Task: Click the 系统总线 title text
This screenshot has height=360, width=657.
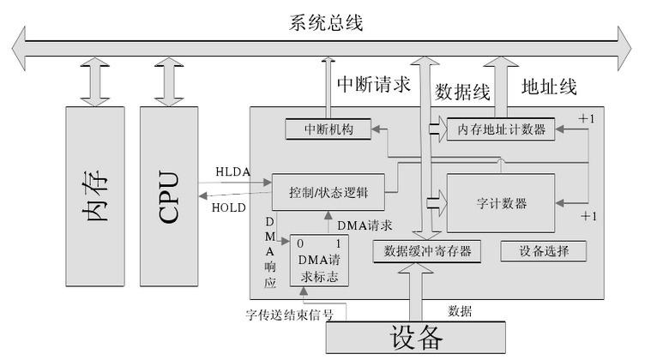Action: coord(326,22)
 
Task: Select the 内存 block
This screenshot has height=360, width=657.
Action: coord(95,196)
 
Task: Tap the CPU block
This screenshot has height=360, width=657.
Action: coord(169,196)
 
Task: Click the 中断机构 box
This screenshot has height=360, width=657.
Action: coord(328,129)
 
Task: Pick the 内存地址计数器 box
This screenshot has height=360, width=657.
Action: coord(501,129)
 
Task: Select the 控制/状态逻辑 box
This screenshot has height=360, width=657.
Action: coord(328,192)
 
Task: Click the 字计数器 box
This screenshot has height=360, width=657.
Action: coord(501,203)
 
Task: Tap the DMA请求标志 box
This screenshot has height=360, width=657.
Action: coord(319,261)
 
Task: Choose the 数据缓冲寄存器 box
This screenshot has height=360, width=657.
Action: coord(427,251)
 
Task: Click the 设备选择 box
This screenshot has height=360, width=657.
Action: coord(544,251)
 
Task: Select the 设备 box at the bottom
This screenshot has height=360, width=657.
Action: coord(416,338)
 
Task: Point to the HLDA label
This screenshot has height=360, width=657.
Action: coord(233,172)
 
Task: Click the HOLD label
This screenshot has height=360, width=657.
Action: coord(229,207)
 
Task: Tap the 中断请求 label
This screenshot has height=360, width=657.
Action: coord(374,84)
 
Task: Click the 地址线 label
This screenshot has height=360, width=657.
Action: coord(549,87)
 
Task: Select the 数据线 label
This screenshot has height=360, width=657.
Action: coord(462,92)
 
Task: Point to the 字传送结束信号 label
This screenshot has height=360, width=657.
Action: coord(290,315)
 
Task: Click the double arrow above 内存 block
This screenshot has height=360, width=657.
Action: coord(95,82)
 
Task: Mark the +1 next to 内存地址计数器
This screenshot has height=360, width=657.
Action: coord(587,119)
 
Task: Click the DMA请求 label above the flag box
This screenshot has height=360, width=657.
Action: coord(365,225)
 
